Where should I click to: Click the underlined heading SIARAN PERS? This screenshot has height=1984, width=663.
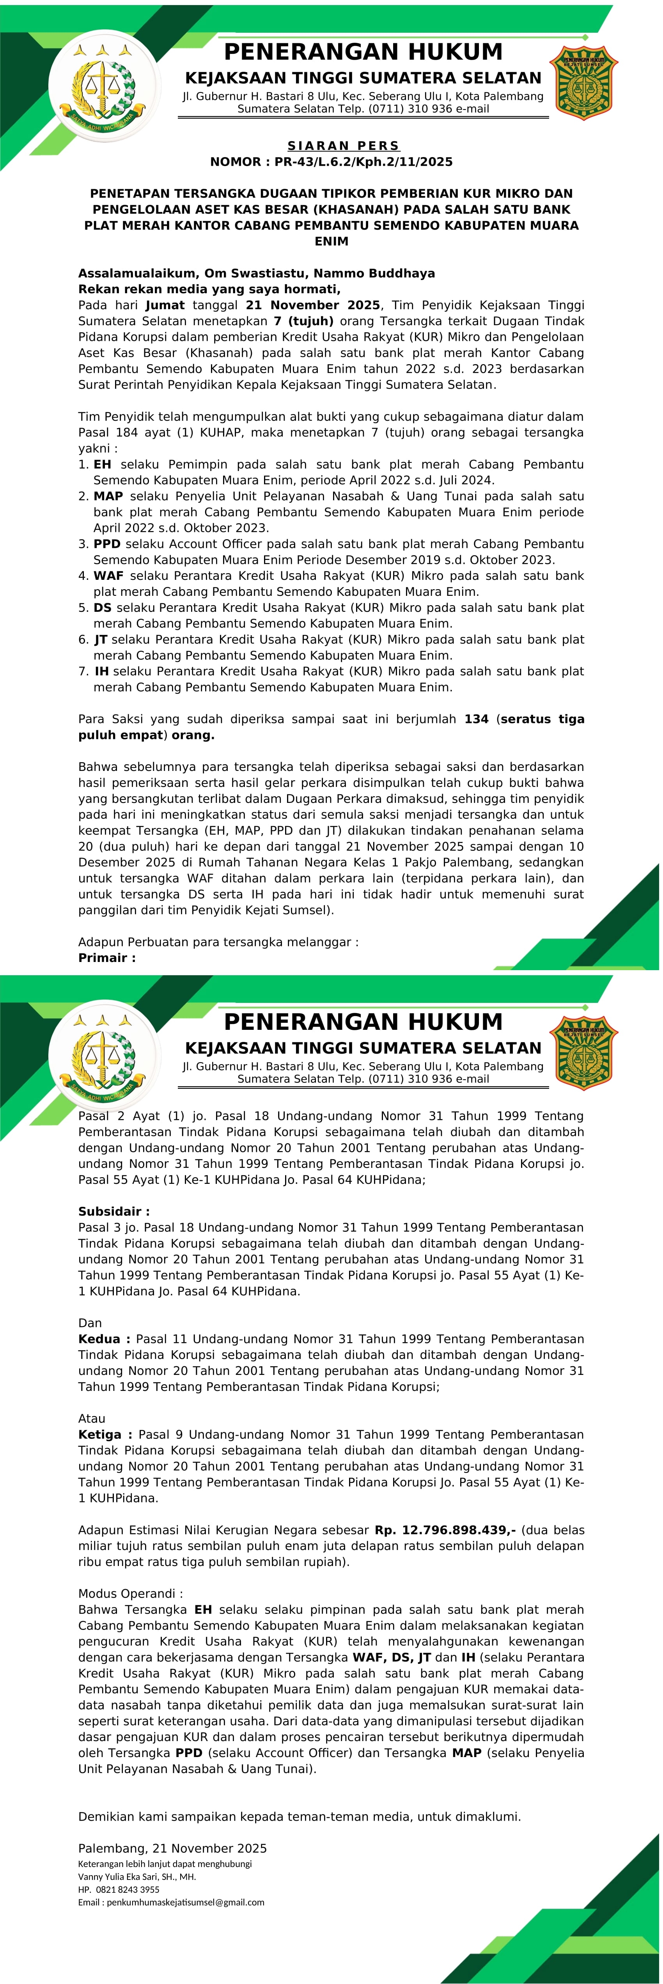point(344,145)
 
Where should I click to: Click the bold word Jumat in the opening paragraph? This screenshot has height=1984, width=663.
point(165,305)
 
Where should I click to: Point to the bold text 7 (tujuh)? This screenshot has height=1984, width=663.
point(303,321)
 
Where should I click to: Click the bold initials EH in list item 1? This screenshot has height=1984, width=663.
point(103,464)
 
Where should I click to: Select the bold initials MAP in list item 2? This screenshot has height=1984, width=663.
point(108,496)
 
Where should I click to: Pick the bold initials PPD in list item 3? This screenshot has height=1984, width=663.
point(107,544)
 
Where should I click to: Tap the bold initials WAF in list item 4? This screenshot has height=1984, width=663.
point(108,575)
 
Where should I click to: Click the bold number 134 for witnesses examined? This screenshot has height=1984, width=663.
point(476,719)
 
